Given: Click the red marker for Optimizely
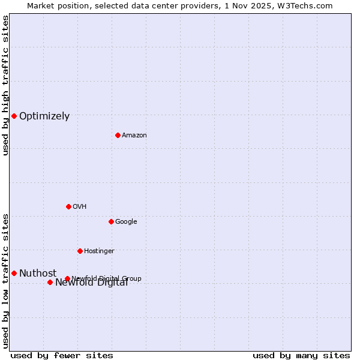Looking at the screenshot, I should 14,116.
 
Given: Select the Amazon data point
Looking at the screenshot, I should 118,135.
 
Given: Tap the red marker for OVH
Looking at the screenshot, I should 68,206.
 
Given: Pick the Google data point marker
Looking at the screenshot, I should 111,221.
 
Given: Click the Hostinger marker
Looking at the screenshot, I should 80,251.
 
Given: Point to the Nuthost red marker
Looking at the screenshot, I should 14,273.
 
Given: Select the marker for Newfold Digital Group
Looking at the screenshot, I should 67,278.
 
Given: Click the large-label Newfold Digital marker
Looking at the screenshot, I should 50,282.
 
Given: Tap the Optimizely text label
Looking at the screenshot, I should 44,116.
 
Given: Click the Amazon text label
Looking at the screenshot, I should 134,136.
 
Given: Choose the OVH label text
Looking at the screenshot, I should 80,207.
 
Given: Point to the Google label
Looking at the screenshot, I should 126,222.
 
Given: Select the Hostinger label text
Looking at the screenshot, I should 99,251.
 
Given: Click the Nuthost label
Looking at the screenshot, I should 38,274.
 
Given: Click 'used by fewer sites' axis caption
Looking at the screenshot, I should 62,356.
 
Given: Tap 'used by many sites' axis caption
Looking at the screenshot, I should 301,356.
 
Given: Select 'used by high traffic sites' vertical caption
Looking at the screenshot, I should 5,85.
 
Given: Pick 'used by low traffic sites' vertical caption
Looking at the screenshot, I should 5,281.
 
